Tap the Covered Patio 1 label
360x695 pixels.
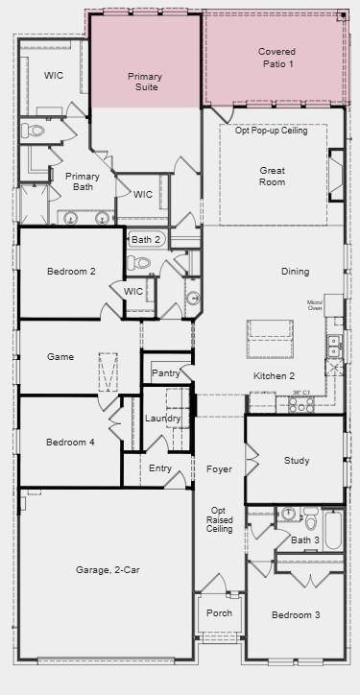tap(276, 57)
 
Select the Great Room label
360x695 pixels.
tap(272, 176)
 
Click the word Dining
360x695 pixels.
tap(296, 272)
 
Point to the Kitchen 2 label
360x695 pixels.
tap(274, 375)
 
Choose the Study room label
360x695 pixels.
tap(297, 461)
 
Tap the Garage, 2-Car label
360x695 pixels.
tap(108, 570)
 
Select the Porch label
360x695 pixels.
tap(212, 612)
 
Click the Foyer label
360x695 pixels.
tap(219, 469)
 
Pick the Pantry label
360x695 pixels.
tap(165, 372)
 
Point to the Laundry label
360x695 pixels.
tap(162, 419)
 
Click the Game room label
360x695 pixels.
tap(60, 357)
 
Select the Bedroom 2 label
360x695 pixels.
tap(71, 272)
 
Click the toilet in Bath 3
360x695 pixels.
tap(311, 521)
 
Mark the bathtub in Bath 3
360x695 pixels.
tap(332, 530)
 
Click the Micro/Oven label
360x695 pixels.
tap(315, 305)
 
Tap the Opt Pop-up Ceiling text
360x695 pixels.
tap(272, 131)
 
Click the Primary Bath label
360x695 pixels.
tap(83, 181)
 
